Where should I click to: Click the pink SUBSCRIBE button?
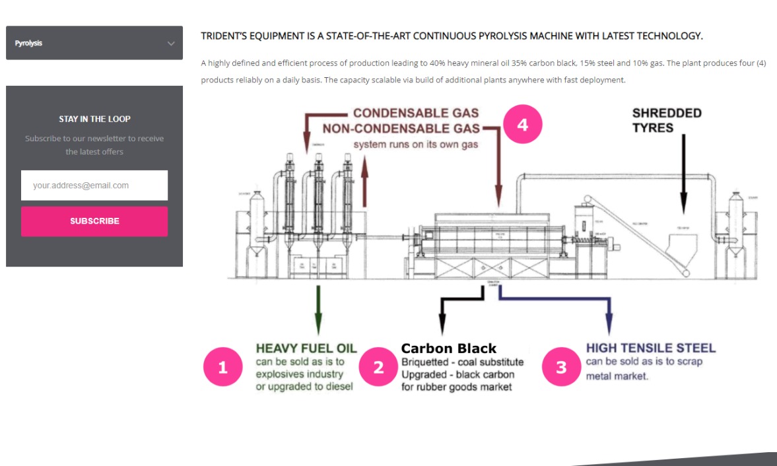coord(94,221)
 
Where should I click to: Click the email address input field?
coord(94,185)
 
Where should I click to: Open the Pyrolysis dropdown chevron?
coord(171,44)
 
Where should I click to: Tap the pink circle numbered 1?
coord(222,368)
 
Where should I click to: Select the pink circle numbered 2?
coord(378,368)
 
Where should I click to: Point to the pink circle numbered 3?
coord(561,368)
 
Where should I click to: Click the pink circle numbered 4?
coord(522,125)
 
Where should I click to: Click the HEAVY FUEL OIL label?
coord(306,349)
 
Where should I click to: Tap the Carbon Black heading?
coord(448,349)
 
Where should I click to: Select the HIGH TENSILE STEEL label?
coord(650,348)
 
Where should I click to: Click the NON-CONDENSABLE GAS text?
coord(401,128)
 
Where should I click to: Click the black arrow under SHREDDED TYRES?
coord(683,172)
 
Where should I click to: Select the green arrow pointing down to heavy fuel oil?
coord(318,310)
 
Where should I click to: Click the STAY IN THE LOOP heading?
coord(94,119)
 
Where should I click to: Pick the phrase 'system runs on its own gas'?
coord(415,144)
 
